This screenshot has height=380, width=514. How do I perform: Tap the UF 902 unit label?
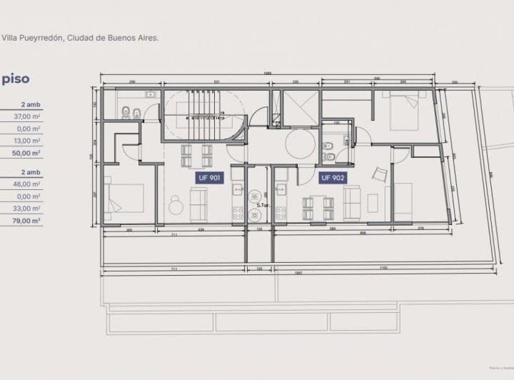coord(333,178)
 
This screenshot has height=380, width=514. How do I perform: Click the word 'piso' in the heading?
coord(16,79)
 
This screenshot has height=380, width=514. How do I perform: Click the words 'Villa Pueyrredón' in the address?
coord(31,38)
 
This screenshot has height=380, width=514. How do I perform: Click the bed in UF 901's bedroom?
coord(126,201)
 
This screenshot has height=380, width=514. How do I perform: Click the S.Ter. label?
coord(261,205)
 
